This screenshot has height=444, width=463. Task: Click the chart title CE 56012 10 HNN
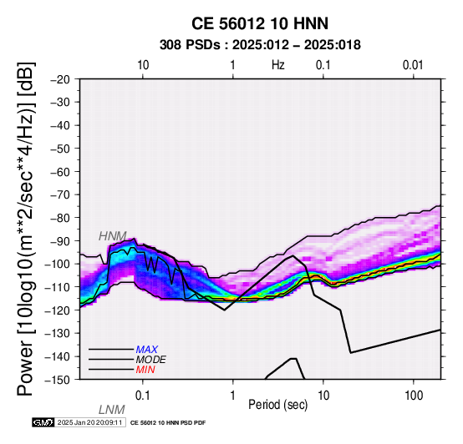260,23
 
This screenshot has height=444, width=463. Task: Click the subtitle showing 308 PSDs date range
260,45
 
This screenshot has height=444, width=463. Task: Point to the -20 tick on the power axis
60,79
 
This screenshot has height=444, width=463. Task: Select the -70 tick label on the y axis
60,195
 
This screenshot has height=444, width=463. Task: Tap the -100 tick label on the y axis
58,265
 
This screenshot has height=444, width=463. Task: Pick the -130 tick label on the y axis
58,334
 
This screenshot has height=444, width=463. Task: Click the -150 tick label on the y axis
58,380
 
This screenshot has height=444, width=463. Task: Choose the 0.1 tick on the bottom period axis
143,396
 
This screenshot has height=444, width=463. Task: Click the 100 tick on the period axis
414,396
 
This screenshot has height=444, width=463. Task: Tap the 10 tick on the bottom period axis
323,396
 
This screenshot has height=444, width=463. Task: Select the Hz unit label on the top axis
277,65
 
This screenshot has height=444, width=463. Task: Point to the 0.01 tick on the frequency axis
413,65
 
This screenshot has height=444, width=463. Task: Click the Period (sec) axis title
277,405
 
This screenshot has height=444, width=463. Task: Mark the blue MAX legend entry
147,350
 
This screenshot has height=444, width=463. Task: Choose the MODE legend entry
151,360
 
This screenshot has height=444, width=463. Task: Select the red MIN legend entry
145,370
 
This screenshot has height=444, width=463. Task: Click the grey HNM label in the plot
113,236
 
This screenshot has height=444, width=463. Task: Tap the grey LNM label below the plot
112,410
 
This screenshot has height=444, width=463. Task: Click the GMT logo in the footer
43,422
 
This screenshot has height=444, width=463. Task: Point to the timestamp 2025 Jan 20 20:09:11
89,422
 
